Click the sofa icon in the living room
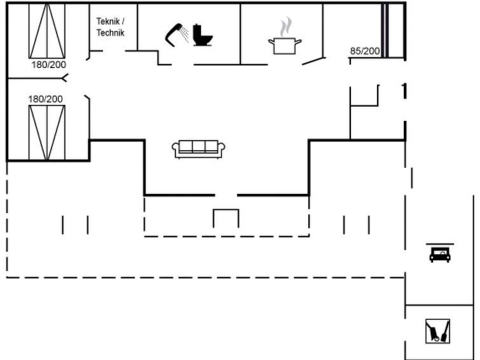coord(198,149)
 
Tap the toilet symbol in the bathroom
coord(203,35)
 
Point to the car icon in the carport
coord(440,255)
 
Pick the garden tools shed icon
coord(438,331)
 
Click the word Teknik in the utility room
coord(108,22)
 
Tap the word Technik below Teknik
coord(110,32)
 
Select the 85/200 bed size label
coord(365,51)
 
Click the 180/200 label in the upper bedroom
coord(49,65)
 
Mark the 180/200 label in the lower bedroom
coord(45,99)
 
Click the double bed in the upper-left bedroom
coord(47,31)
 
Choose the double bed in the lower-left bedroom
coord(47,132)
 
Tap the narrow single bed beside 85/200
coord(385,31)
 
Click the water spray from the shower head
coord(184,34)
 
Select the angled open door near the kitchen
coord(313,60)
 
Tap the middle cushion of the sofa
coord(198,146)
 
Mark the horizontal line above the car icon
coord(440,244)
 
